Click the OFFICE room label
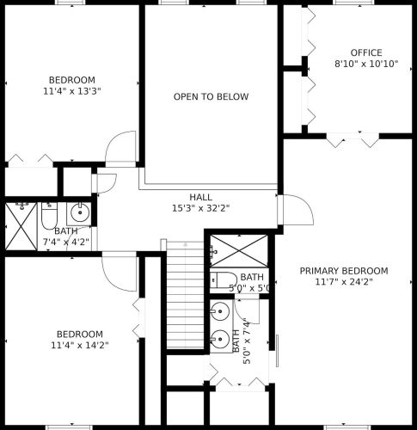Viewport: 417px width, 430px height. (x=366, y=52)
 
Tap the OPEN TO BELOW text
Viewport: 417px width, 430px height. (x=211, y=96)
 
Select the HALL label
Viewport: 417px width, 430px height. (x=201, y=197)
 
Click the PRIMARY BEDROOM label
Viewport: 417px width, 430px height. (x=344, y=271)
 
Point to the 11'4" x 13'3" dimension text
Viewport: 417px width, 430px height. (x=72, y=91)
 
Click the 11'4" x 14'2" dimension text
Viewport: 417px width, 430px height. (x=80, y=345)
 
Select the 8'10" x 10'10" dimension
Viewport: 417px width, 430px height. (x=366, y=64)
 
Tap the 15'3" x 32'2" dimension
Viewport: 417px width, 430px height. (x=201, y=208)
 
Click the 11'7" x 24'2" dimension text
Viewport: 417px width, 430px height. (x=344, y=282)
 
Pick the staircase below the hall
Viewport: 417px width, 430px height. (x=185, y=295)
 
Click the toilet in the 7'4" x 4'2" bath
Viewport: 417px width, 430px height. (x=49, y=216)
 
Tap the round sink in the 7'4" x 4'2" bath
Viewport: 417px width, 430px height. (x=80, y=212)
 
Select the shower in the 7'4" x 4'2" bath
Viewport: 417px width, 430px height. (x=21, y=226)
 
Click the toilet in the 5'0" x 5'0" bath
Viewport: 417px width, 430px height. (x=224, y=280)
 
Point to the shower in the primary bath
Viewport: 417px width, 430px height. (x=239, y=251)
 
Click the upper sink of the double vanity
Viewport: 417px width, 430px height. (x=220, y=311)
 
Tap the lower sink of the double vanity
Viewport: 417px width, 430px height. (x=220, y=339)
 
